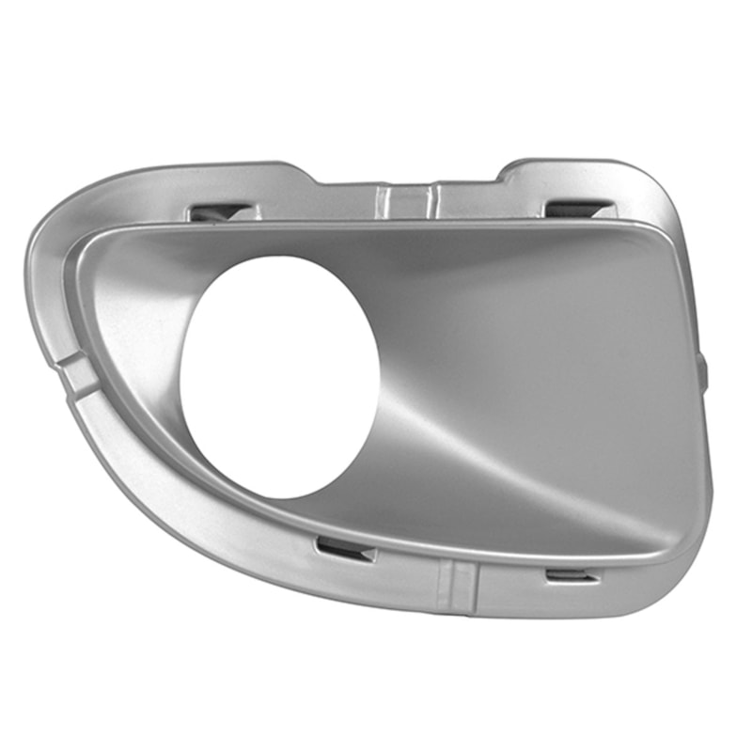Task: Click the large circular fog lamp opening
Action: tap(279, 376)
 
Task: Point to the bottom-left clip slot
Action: tap(345, 549)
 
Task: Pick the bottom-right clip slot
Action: tap(571, 574)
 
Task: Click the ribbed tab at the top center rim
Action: tap(406, 199)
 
